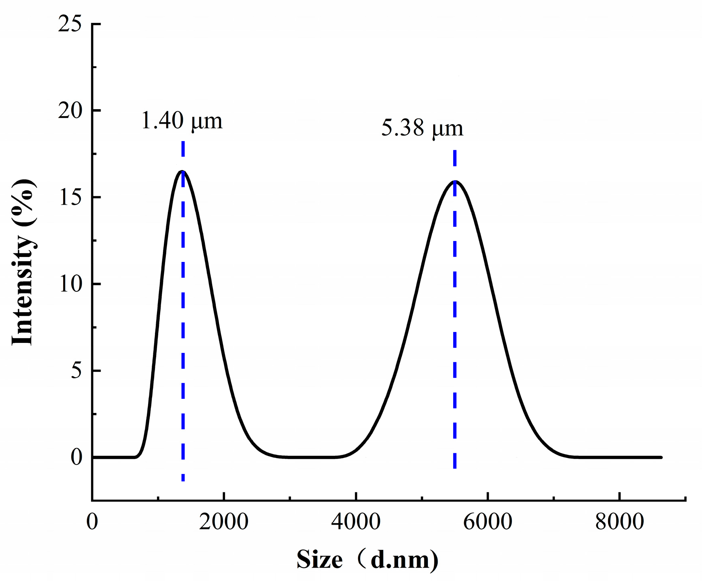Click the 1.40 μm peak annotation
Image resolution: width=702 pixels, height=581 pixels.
click(182, 121)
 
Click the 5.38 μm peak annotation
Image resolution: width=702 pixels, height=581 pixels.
click(422, 129)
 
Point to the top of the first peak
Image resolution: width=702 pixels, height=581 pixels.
click(182, 171)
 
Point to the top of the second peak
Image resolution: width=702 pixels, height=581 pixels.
click(455, 181)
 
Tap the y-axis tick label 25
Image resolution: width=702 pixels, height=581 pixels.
click(70, 24)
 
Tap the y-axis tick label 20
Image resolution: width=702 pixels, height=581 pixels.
click(70, 111)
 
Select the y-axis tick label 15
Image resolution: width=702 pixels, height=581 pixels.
click(70, 197)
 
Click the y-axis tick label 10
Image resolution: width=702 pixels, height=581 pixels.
click(70, 284)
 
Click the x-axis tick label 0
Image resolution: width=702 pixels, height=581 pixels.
click(92, 522)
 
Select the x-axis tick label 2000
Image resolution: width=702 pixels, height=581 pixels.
click(224, 522)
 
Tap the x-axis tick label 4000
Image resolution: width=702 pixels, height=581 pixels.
click(356, 522)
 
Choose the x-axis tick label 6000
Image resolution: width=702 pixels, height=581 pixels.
click(487, 522)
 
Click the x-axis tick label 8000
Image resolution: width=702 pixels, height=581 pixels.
click(619, 522)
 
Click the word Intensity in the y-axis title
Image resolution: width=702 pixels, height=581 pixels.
click(23, 290)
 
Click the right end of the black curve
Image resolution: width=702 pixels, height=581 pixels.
click(661, 457)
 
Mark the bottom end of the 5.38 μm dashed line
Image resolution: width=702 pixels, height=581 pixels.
click(455, 467)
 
